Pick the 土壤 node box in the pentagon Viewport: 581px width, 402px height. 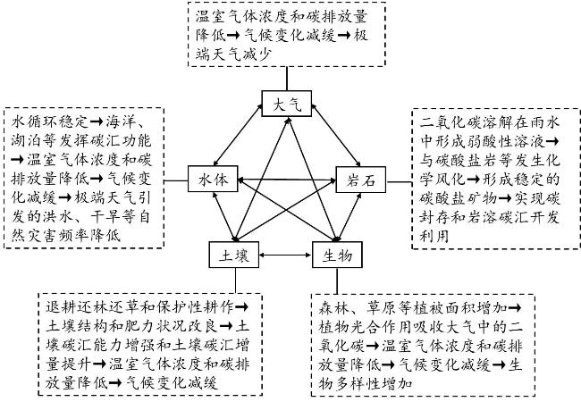(x=234, y=255)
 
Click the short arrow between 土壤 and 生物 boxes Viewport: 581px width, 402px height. (x=285, y=255)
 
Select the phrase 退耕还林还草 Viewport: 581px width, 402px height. (x=91, y=306)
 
